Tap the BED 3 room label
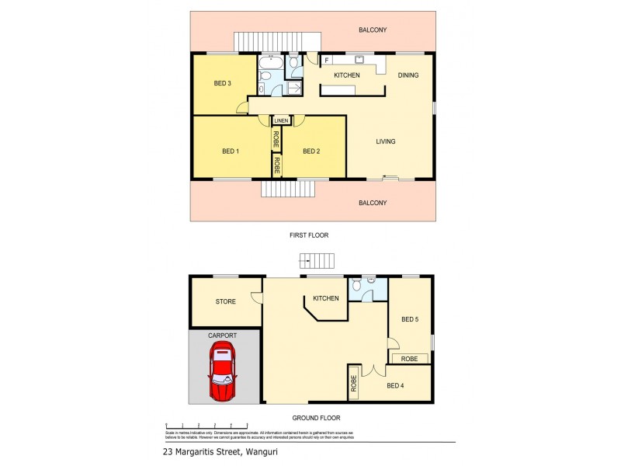tap(222, 84)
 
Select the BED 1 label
tap(231, 151)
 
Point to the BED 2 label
tap(311, 151)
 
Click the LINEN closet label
tap(281, 120)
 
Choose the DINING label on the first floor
tap(408, 75)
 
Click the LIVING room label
tap(386, 141)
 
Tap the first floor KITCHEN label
tap(347, 75)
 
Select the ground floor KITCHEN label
tap(325, 298)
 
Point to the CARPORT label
tap(222, 335)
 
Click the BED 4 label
tap(395, 385)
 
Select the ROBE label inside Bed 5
tap(409, 359)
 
